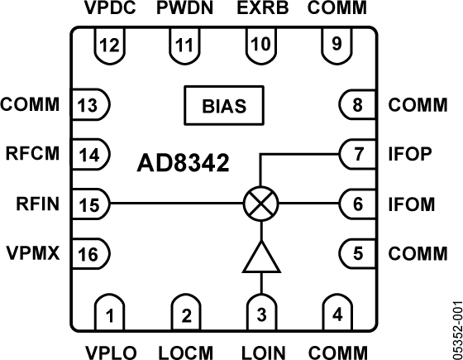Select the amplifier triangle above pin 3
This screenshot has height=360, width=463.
point(260,257)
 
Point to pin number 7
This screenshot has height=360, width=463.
point(358,154)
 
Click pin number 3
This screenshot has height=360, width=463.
point(260,314)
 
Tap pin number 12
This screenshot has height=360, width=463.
point(108,44)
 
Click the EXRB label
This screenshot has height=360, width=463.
point(260,9)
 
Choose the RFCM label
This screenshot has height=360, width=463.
point(31,154)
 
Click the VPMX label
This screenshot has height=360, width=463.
point(31,252)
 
